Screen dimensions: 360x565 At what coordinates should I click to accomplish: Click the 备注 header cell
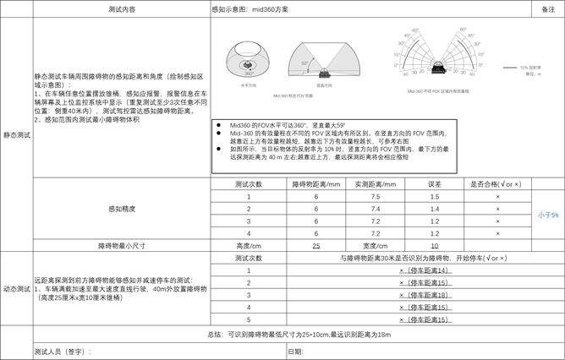(x=547, y=8)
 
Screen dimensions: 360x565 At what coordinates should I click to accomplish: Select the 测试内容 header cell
(x=122, y=8)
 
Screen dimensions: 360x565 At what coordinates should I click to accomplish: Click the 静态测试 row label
(x=16, y=134)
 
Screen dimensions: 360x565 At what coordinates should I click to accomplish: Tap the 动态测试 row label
(x=16, y=289)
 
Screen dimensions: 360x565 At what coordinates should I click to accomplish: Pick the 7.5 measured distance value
(x=376, y=196)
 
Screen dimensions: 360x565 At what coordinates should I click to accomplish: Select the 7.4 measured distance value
(x=376, y=209)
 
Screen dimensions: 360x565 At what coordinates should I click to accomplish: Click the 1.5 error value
(x=435, y=196)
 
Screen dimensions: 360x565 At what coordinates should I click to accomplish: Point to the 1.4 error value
(x=435, y=209)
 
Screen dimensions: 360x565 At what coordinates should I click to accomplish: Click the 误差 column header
(x=435, y=184)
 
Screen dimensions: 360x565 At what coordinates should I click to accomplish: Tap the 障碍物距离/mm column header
(x=316, y=184)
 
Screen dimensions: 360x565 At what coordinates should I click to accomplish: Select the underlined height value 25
(x=316, y=246)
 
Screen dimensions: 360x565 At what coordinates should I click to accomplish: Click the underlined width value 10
(x=435, y=246)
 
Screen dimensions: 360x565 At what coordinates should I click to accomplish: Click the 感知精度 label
(x=122, y=209)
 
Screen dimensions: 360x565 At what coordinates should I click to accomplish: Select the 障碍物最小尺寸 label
(x=122, y=246)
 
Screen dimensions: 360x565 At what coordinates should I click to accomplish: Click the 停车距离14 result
(x=425, y=270)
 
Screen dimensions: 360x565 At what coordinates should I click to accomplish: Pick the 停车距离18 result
(x=425, y=295)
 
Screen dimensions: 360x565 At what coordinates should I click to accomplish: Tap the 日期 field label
(x=295, y=351)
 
